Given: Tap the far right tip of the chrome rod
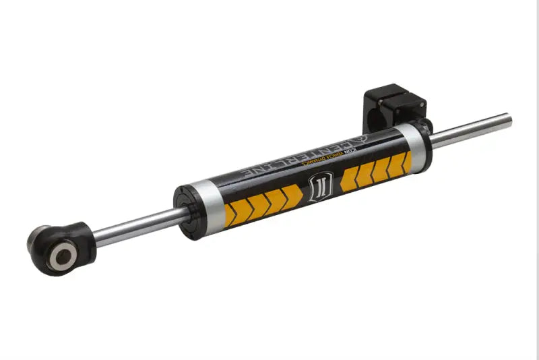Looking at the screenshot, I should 509,121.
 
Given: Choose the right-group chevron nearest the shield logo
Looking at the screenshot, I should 348,179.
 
